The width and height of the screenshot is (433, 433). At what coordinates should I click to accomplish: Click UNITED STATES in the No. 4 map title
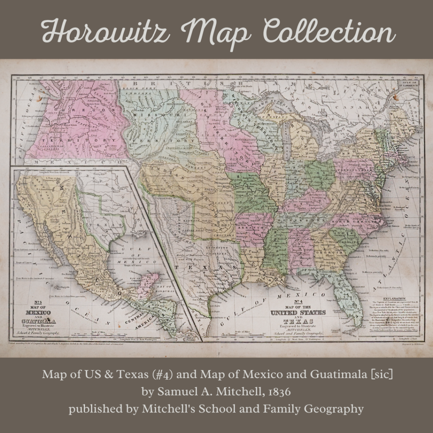(x=298, y=312)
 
